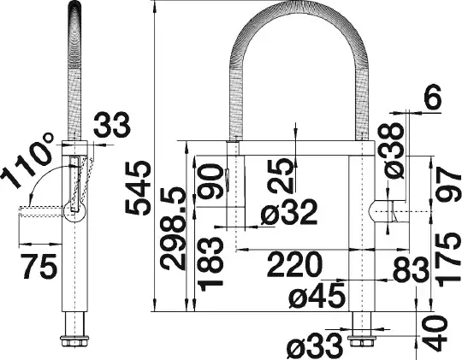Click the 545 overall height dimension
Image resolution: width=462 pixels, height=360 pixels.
pyautogui.click(x=138, y=187)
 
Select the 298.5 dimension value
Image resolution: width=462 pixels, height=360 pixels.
pyautogui.click(x=174, y=228)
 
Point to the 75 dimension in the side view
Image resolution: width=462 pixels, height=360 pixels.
pyautogui.click(x=38, y=266)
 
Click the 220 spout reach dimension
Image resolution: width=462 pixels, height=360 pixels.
pyautogui.click(x=294, y=264)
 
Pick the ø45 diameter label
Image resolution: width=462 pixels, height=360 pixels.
pyautogui.click(x=317, y=295)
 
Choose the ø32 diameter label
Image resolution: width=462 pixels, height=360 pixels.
pyautogui.click(x=289, y=212)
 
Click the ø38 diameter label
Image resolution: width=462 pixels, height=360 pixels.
pyautogui.click(x=394, y=151)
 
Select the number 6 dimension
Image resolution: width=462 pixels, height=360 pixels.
pyautogui.click(x=433, y=97)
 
